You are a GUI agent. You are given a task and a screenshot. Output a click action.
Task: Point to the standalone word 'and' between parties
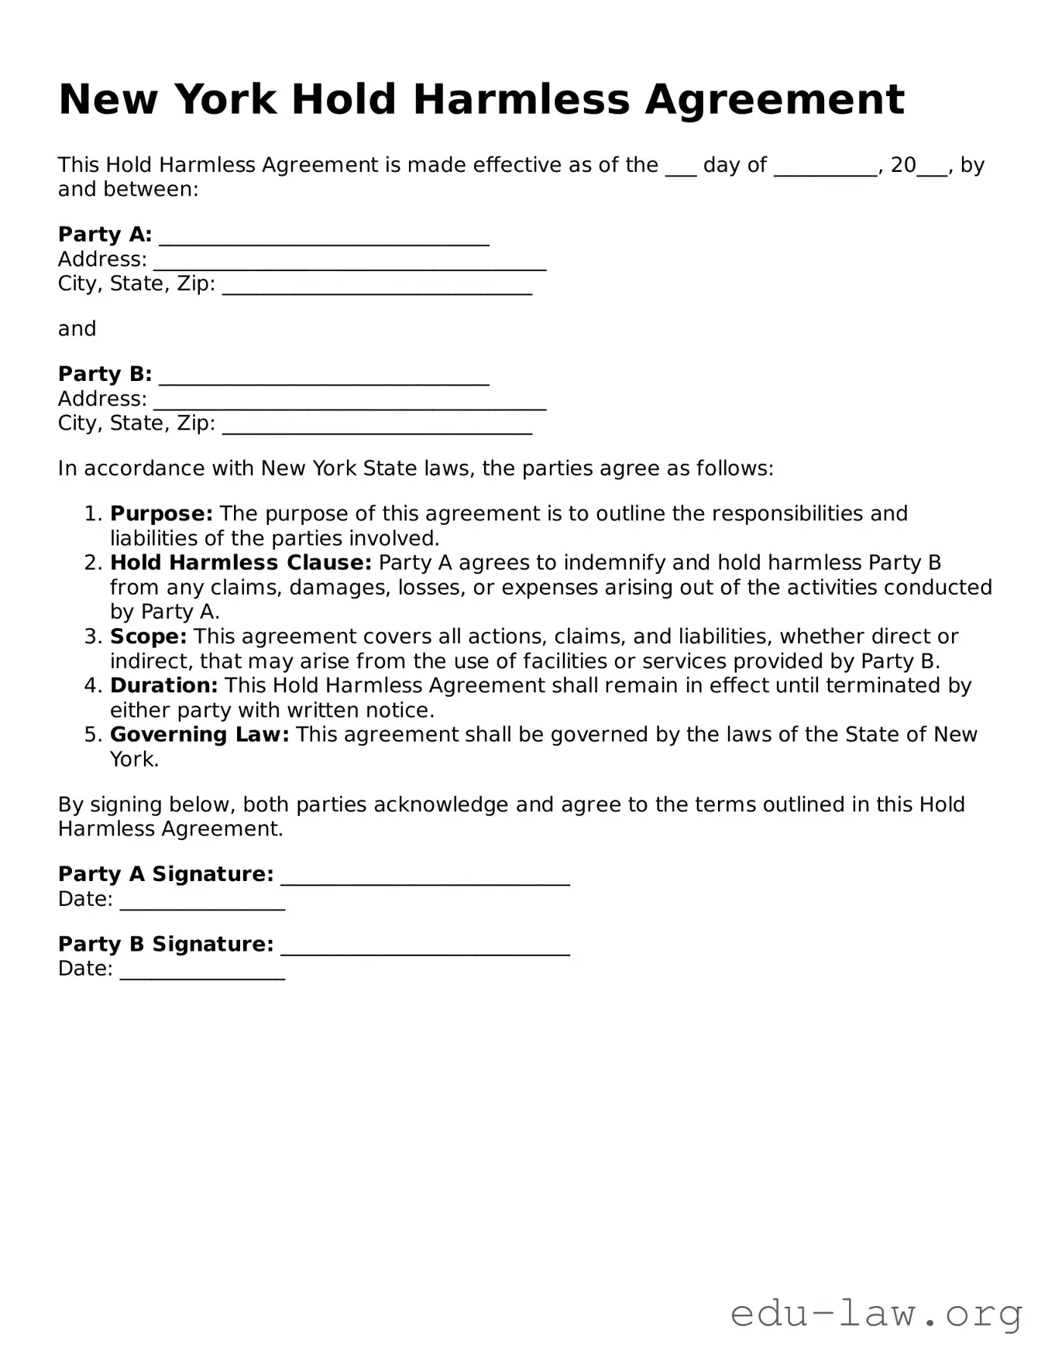[77, 329]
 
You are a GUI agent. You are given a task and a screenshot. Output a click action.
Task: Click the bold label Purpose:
[161, 514]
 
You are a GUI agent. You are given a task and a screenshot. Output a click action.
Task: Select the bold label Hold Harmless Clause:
[241, 563]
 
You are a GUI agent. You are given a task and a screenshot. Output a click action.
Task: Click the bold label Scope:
[149, 636]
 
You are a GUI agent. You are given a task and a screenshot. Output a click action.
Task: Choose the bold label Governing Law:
[200, 735]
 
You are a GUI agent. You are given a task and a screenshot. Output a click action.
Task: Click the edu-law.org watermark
[876, 1314]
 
